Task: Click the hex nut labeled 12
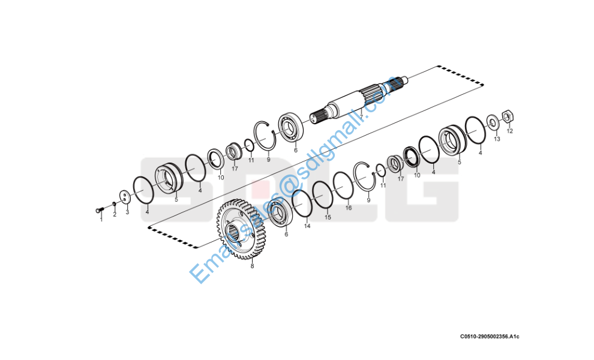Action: click(x=507, y=115)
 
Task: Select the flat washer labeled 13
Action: click(x=493, y=122)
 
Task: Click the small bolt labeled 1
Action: click(x=98, y=209)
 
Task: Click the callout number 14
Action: click(x=307, y=226)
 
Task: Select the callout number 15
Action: click(x=328, y=218)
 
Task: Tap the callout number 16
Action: click(x=349, y=208)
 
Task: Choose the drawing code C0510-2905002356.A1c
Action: click(x=490, y=336)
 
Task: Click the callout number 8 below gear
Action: click(x=252, y=266)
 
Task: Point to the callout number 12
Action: click(x=510, y=131)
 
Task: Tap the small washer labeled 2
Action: click(x=113, y=204)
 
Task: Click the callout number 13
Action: click(x=497, y=139)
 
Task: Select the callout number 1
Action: click(x=101, y=220)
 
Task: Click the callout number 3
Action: click(x=127, y=212)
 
